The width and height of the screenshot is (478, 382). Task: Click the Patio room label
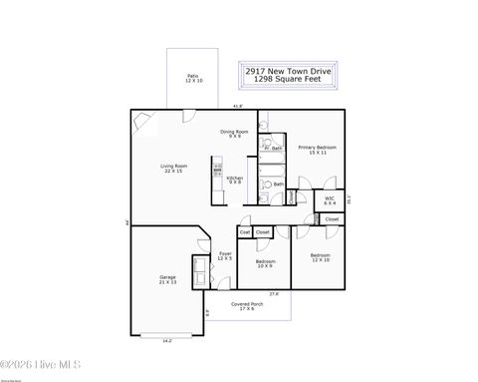pos(192,78)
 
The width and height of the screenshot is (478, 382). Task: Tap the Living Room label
pos(175,169)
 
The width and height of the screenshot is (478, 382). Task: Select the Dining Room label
pos(234,134)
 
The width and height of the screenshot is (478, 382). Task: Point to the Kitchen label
pos(235,181)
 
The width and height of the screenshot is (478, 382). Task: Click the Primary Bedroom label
pos(318,150)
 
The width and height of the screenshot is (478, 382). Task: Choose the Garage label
pos(167,280)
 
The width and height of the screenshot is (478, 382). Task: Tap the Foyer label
pos(226,255)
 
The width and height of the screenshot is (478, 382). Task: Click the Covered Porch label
pos(247,306)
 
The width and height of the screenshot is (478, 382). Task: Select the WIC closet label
pos(330,199)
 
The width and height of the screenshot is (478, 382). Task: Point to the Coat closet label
pos(244,232)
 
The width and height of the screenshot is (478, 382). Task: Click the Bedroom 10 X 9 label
pos(265,263)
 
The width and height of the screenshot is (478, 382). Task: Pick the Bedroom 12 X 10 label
pos(320,257)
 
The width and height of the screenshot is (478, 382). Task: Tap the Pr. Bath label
pos(273,149)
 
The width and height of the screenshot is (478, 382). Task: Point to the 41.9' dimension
pos(238,106)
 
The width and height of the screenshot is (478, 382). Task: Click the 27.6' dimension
pos(274,294)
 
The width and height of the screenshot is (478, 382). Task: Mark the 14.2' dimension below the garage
pos(167,342)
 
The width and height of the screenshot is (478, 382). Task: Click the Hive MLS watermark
pos(41,364)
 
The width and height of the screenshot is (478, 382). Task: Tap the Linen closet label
pos(290,197)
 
